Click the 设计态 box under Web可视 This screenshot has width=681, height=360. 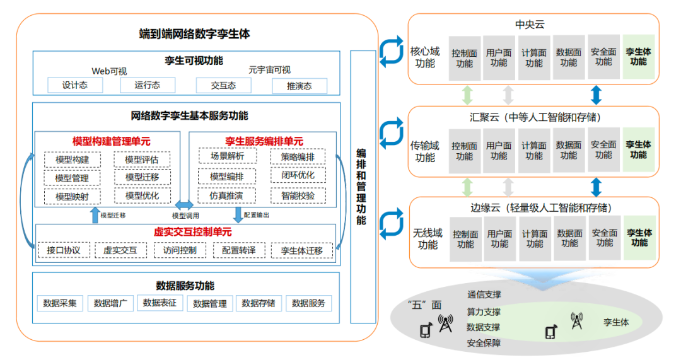74,85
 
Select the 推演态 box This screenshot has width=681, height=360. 300,86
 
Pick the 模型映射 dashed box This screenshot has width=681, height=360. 72,197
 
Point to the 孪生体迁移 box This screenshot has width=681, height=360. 301,250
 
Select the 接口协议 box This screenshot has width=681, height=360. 64,250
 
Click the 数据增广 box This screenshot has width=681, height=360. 110,303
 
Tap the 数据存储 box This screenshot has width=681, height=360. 259,303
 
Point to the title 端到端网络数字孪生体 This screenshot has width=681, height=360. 194,33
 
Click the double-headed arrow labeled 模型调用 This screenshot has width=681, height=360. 185,206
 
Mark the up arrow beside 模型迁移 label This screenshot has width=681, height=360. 95,215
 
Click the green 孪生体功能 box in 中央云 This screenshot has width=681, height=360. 638,57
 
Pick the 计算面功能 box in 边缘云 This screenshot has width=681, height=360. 534,238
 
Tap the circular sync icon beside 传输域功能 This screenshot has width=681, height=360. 391,133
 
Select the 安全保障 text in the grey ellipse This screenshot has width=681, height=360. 484,343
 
